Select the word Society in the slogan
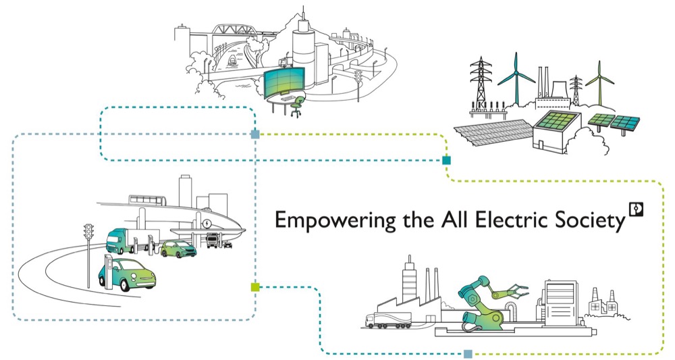[x=588, y=222]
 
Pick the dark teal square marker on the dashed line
[x=446, y=161]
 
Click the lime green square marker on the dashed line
[x=254, y=287]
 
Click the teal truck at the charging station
[x=122, y=241]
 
